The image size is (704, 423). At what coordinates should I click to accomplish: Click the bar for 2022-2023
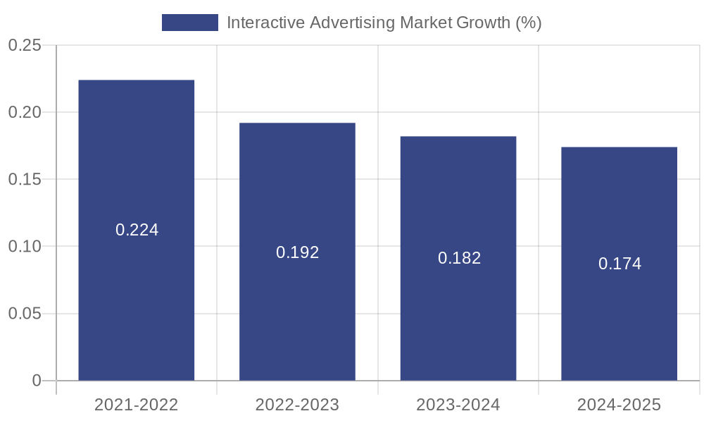tap(297, 317)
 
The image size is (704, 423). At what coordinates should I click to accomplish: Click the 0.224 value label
tap(137, 230)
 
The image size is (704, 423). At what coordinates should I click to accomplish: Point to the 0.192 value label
tap(297, 252)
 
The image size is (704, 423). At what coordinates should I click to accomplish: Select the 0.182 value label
tap(459, 258)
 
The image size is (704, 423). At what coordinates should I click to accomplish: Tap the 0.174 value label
tap(620, 264)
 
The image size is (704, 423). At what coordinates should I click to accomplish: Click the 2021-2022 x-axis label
tap(136, 405)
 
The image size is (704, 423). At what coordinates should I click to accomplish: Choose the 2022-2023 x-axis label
tap(297, 405)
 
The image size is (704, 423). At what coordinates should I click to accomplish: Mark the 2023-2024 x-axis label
tap(458, 405)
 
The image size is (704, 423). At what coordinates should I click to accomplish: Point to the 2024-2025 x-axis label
tap(619, 405)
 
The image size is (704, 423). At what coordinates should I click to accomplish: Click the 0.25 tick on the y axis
tap(25, 46)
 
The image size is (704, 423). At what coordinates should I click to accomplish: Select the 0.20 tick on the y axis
tap(25, 113)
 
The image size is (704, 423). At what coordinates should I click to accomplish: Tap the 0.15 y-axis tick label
tap(25, 180)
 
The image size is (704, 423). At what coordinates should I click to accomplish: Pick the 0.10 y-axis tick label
tap(25, 247)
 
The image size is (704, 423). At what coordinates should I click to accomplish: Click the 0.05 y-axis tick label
tap(25, 314)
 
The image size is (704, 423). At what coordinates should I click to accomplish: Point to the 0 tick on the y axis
tap(37, 381)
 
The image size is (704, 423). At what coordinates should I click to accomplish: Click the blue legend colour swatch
tap(190, 23)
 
